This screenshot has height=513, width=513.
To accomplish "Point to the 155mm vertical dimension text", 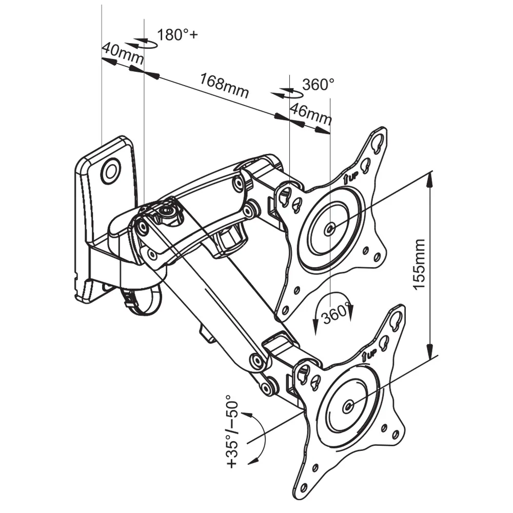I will point(420,264).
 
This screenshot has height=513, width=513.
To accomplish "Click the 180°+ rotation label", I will point(177,35).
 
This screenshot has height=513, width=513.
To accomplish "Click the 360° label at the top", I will point(318,85).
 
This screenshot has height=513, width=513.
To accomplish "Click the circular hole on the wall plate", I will point(110,171).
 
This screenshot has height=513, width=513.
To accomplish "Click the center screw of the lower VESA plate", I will point(349,406).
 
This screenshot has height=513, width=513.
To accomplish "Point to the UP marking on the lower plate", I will point(369,354).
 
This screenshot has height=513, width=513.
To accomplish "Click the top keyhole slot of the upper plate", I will point(379,141).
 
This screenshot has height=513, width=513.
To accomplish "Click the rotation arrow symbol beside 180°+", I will point(145,43).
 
